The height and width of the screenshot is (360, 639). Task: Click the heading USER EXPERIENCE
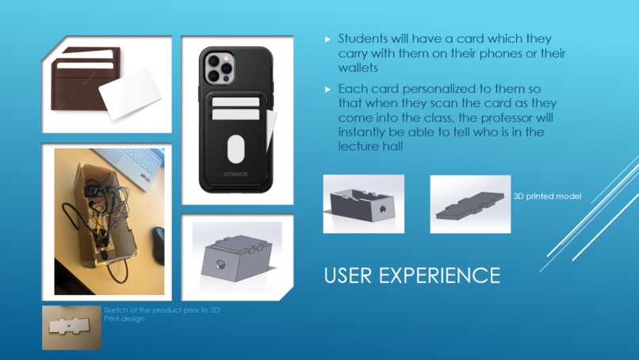coord(411,275)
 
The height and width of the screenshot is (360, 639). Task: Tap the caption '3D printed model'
coord(547,196)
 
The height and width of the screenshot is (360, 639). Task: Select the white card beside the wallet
coord(130,92)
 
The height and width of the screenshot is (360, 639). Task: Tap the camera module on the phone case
coord(219,67)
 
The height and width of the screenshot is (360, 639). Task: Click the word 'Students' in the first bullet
coord(365,38)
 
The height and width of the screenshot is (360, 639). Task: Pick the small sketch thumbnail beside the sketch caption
coord(71,327)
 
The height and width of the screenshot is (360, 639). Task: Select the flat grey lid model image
coord(470,204)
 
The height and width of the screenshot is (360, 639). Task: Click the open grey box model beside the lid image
coord(363,204)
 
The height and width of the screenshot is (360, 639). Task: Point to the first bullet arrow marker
coord(328,39)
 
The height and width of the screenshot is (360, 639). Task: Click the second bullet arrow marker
coord(328,90)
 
